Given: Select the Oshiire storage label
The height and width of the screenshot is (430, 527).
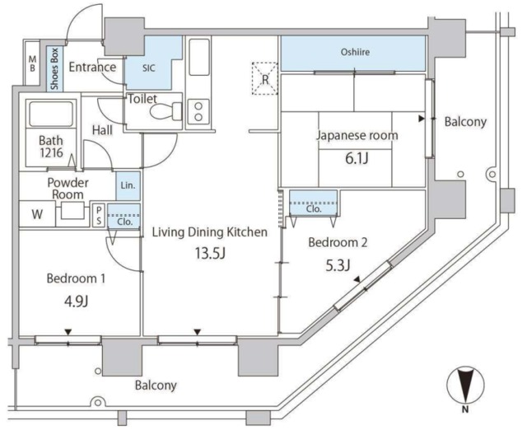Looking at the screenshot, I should pyautogui.click(x=354, y=54).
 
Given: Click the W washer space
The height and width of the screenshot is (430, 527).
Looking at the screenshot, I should pyautogui.click(x=38, y=214).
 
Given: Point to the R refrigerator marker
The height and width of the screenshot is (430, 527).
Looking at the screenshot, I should pyautogui.click(x=265, y=79).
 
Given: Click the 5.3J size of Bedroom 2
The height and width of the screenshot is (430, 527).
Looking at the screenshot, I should pyautogui.click(x=338, y=264).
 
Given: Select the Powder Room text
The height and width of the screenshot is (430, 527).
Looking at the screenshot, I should pyautogui.click(x=68, y=188).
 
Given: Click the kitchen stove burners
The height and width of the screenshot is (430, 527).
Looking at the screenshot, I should pyautogui.click(x=198, y=110).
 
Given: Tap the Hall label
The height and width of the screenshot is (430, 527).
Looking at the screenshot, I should pyautogui.click(x=103, y=130).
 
